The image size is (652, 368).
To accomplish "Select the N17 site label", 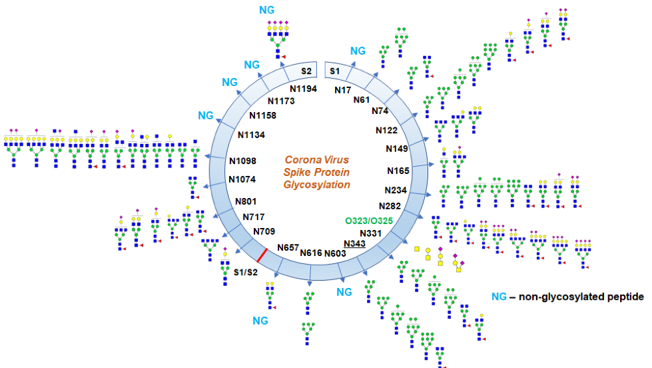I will pyautogui.click(x=343, y=89).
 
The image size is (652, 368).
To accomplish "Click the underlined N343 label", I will pyautogui.click(x=354, y=243).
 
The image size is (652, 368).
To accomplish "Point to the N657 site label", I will pyautogui.click(x=288, y=247).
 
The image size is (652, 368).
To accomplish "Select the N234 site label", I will pyautogui.click(x=396, y=190).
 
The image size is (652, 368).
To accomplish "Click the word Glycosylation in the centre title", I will pyautogui.click(x=317, y=185).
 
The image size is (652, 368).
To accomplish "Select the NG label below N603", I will pyautogui.click(x=344, y=291).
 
